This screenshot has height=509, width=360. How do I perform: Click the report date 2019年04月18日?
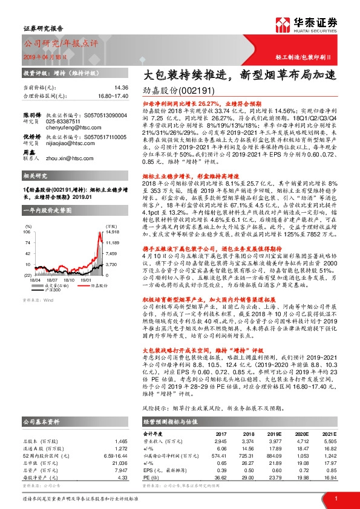tap(44, 56)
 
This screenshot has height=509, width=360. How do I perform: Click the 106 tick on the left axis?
tap(28, 231)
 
